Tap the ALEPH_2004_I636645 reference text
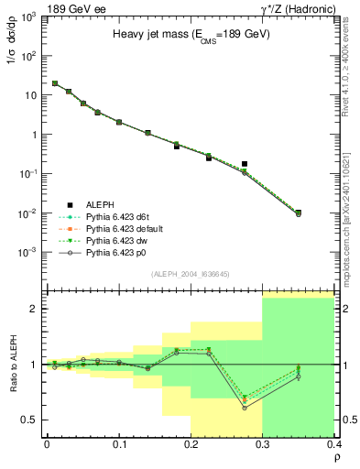pyautogui.click(x=190, y=275)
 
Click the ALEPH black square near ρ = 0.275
pyautogui.click(x=245, y=164)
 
